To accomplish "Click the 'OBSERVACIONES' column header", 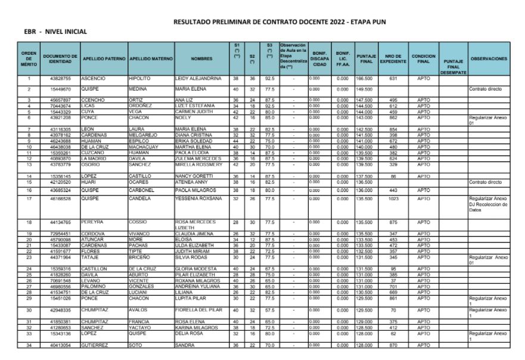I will (x=489, y=59).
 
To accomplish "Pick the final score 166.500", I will (x=365, y=78).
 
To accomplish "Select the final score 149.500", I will (x=365, y=89).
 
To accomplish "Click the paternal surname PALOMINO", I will (x=96, y=285).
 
